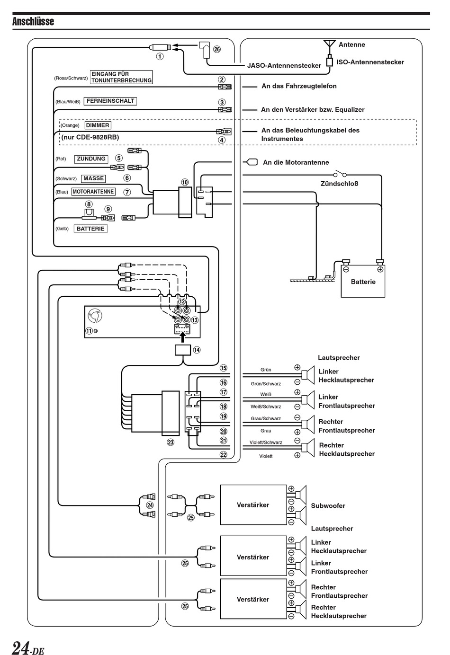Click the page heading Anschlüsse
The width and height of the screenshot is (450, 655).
[33, 21]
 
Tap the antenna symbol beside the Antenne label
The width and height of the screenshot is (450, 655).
[330, 47]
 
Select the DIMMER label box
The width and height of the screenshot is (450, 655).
[98, 125]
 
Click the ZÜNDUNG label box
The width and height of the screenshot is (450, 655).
[91, 159]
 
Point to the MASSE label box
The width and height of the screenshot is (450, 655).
[94, 178]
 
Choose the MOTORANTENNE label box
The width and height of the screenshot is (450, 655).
[93, 192]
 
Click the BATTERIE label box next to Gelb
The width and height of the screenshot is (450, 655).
[90, 229]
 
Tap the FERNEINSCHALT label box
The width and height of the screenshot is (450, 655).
[110, 101]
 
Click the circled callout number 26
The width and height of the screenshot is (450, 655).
[217, 49]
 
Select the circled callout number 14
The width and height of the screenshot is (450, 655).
[197, 350]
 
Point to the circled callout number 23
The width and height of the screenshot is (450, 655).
[170, 442]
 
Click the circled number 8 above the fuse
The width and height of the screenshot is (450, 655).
[89, 204]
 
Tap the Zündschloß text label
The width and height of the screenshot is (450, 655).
[340, 184]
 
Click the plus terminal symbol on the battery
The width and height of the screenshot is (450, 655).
[380, 269]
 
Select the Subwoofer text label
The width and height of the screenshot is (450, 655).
[328, 505]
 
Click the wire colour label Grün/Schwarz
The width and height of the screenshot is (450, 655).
[266, 384]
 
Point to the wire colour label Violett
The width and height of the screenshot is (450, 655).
[266, 456]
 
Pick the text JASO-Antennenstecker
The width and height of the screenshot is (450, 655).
[284, 65]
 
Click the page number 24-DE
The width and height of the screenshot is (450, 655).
[28, 646]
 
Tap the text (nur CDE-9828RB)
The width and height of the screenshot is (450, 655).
[90, 137]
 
